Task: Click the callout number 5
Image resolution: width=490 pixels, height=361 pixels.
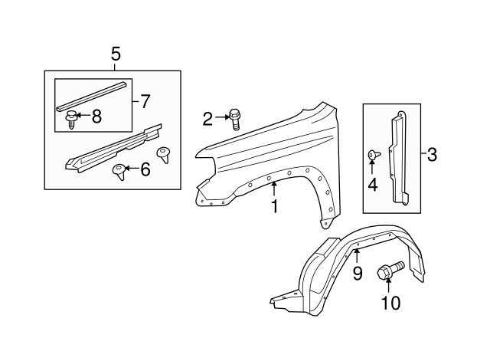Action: tap(116, 54)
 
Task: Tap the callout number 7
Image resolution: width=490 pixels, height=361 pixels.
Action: tap(145, 101)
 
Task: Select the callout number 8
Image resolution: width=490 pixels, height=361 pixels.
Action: tap(96, 117)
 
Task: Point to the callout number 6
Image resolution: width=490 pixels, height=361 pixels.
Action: tap(145, 169)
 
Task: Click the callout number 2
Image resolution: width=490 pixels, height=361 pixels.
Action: tap(207, 119)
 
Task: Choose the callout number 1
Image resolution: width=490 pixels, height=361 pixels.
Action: tap(275, 206)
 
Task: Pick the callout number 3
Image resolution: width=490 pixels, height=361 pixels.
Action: tap(432, 155)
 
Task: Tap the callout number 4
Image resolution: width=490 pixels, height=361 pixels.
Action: tap(373, 184)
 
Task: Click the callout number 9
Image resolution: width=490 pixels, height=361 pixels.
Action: tap(358, 273)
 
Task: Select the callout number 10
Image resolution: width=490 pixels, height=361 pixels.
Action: tap(390, 303)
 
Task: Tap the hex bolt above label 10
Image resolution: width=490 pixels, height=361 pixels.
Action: tap(390, 271)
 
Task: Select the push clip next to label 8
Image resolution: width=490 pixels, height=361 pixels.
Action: tap(71, 120)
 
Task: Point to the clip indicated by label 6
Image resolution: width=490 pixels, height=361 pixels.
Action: tap(119, 172)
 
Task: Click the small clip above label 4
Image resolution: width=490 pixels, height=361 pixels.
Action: tap(374, 155)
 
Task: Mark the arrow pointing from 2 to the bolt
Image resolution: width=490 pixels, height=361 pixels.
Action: tap(222, 117)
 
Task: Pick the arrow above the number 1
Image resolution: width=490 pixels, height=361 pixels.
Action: tap(274, 189)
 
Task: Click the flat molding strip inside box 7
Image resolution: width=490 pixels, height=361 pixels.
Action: tap(93, 96)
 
